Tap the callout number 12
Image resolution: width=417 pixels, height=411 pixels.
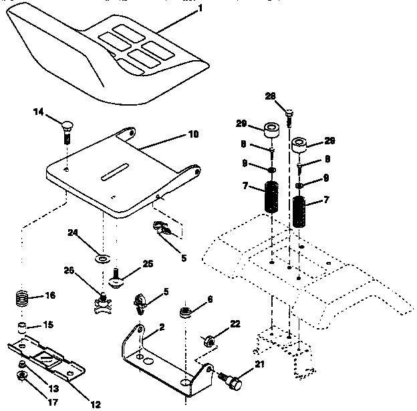pos(95,404)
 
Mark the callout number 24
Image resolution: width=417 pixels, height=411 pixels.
pos(74,233)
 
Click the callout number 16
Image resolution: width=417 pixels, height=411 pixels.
pos(49,295)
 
